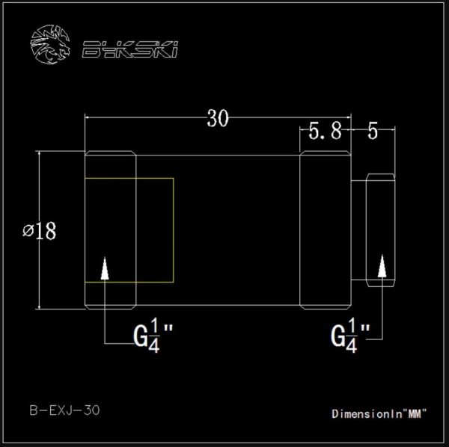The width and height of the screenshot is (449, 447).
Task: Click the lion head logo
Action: (50, 44)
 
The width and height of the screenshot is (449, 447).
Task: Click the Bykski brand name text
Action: (130, 49)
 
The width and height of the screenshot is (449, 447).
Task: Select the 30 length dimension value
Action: (218, 118)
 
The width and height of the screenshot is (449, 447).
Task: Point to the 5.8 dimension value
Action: (326, 132)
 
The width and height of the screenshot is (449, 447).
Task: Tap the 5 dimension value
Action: (373, 131)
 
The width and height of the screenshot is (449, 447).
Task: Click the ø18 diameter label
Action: (40, 230)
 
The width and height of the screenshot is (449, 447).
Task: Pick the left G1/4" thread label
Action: (153, 336)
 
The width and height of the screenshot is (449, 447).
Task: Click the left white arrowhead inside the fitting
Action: (105, 268)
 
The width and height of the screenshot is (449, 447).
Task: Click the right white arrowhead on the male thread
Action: (382, 266)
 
